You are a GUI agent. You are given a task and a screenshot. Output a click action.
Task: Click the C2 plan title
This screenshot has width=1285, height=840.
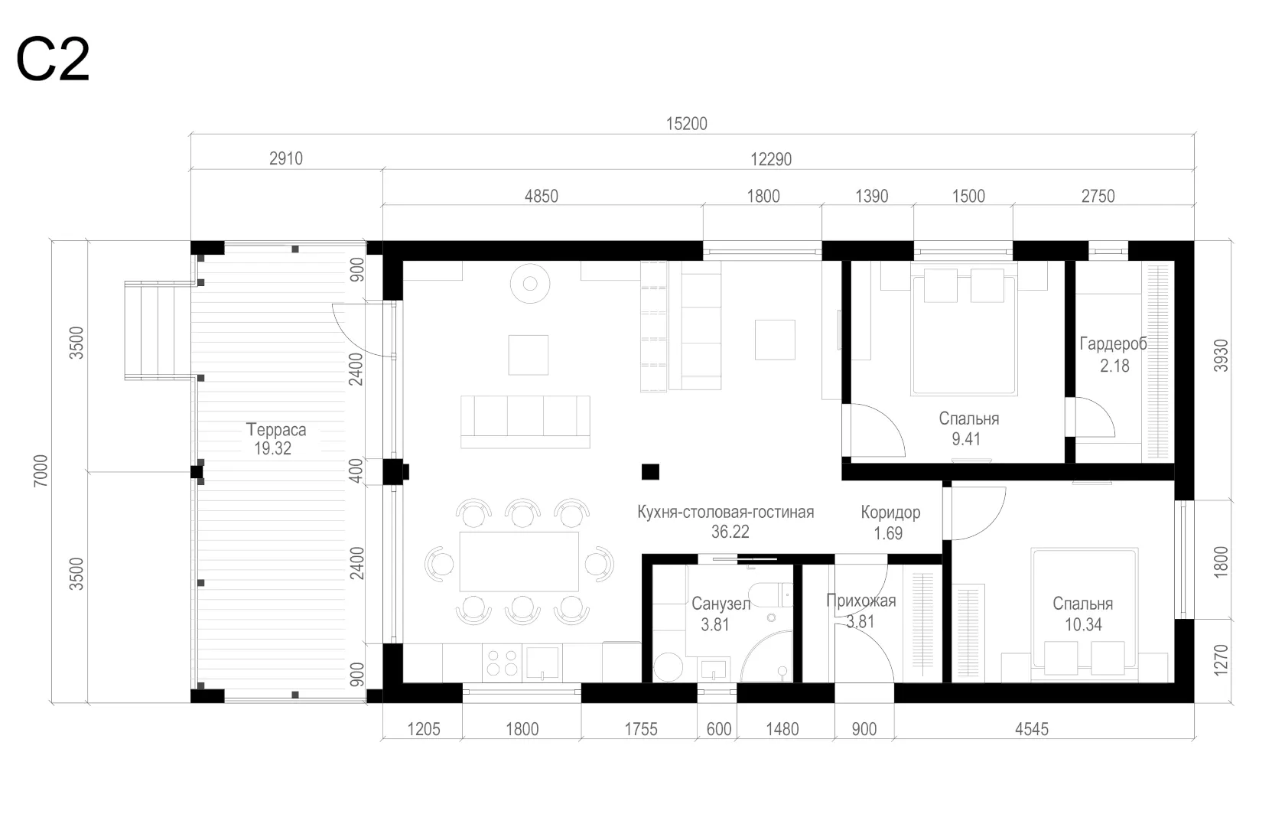53,60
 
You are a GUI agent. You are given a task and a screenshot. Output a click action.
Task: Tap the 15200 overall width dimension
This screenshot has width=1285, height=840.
687,124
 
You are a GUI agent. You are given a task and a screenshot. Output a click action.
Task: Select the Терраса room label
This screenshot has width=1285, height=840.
276,429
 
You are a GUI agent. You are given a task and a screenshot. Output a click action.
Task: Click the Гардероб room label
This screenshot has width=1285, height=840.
1114,343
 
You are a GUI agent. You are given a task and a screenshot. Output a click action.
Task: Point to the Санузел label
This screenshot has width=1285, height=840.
721,604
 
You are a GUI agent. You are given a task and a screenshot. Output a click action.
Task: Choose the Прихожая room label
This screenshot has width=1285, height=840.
861,601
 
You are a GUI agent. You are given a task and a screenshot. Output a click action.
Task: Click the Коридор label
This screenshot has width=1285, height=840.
890,513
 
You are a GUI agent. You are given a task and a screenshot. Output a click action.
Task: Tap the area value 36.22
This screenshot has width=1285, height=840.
730,532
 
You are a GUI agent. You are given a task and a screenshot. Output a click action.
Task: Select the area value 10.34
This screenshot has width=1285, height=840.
1083,624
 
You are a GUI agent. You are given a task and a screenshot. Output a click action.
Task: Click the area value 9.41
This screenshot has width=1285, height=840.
966,439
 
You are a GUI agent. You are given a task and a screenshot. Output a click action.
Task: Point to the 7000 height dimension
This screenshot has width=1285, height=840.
41,471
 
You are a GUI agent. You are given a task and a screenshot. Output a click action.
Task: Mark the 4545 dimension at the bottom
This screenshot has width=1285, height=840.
1031,729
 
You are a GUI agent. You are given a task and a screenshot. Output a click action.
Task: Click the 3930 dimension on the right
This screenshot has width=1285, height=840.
1221,356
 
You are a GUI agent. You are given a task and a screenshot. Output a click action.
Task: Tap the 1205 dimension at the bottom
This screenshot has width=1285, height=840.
424,729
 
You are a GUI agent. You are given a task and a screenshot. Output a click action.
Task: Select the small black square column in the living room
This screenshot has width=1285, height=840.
650,471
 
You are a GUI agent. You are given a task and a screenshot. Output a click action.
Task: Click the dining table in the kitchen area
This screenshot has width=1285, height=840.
519,562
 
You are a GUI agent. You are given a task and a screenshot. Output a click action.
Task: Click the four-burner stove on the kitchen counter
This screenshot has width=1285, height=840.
502,663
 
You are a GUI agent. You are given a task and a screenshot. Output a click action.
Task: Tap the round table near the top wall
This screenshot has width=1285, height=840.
530,283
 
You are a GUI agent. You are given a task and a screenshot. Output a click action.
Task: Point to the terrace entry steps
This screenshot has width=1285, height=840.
158,330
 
